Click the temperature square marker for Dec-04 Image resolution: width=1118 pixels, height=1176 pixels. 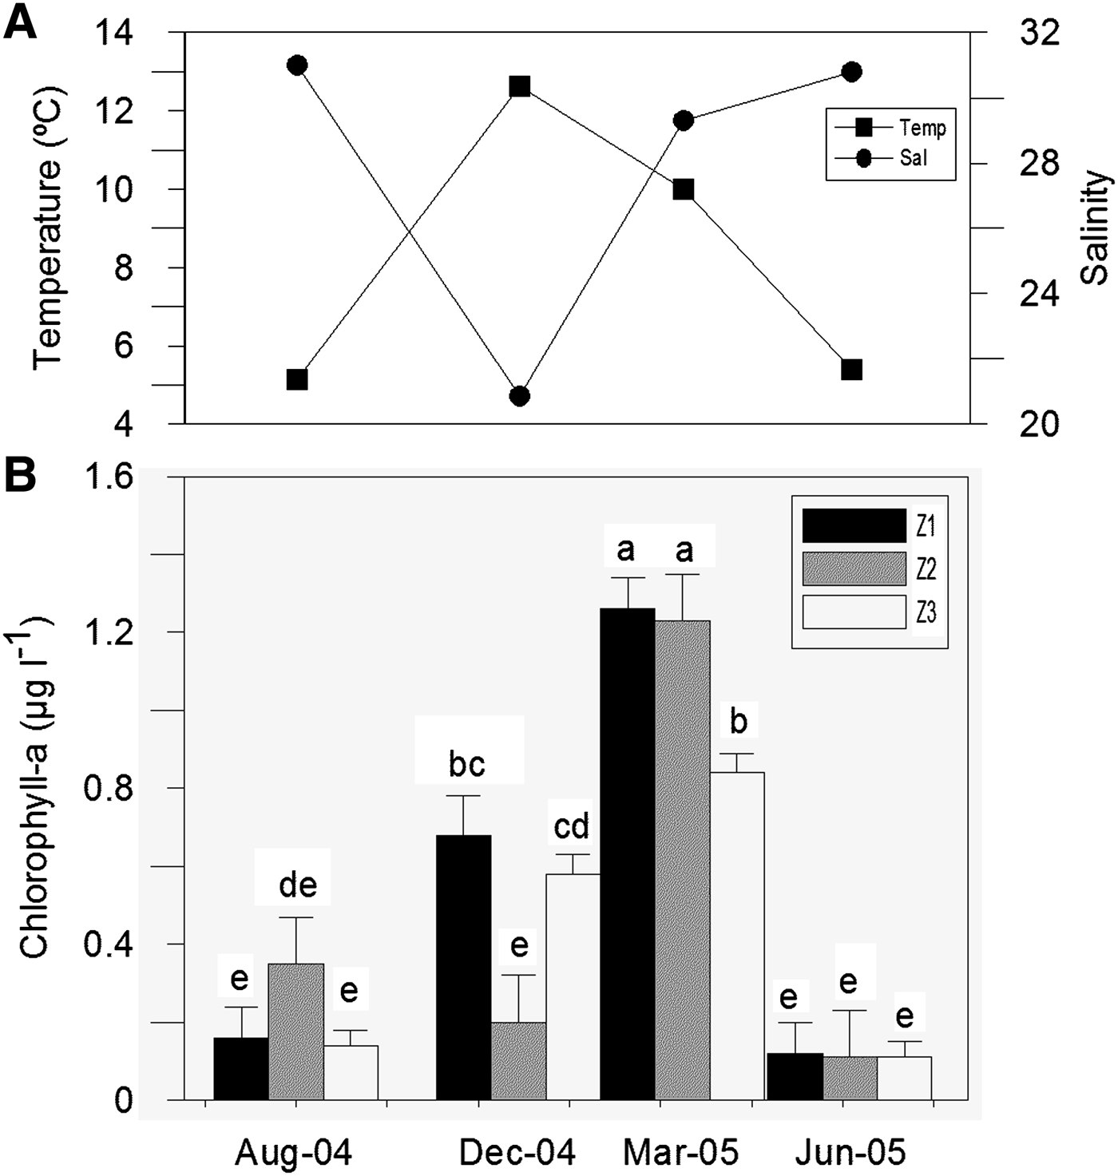(520, 86)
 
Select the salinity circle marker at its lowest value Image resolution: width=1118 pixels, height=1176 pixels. (520, 396)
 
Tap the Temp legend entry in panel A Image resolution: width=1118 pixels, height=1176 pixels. (922, 127)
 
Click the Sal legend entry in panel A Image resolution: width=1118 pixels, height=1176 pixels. (914, 158)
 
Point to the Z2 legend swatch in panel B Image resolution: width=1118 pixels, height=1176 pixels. (854, 569)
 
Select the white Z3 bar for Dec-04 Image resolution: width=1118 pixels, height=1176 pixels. (573, 986)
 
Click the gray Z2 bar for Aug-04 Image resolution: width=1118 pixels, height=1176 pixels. (296, 1031)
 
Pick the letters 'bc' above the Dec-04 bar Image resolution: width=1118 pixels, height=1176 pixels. (467, 764)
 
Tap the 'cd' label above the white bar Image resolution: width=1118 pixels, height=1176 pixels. (573, 827)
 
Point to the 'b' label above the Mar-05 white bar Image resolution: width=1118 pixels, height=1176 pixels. (739, 722)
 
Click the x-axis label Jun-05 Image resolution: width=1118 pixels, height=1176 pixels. (851, 1153)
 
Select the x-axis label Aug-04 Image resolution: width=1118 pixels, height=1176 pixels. (294, 1153)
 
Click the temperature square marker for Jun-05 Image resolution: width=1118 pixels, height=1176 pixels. (852, 370)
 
